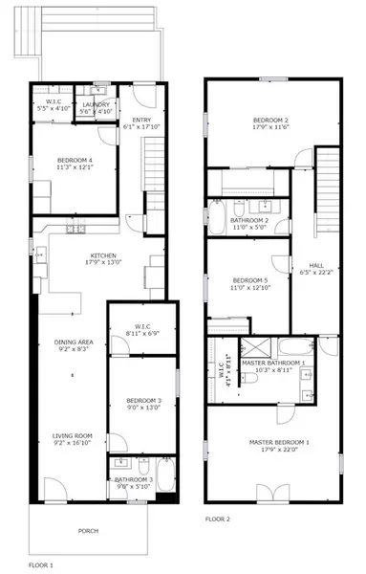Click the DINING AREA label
73,342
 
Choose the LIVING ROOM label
73,436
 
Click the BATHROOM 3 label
133,479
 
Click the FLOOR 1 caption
40,565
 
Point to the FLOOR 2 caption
218,519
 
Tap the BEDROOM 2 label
270,119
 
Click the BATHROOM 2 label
248,221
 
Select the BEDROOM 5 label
248,280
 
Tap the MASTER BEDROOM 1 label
280,441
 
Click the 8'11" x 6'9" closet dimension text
141,333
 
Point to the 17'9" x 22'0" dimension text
280,449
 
